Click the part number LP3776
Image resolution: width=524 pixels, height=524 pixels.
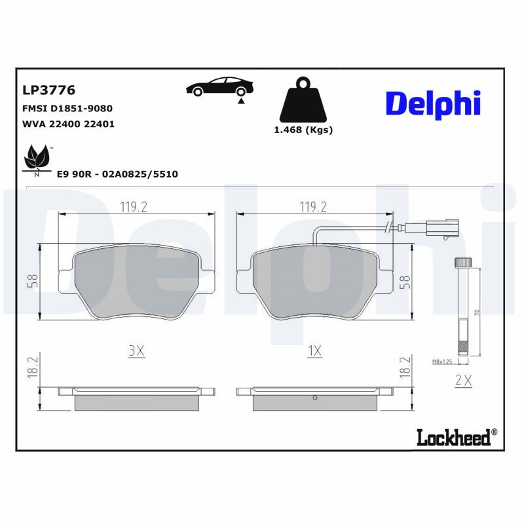(49, 90)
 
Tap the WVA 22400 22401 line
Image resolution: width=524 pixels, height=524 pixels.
(69, 123)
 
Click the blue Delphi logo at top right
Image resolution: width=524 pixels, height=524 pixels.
(433, 104)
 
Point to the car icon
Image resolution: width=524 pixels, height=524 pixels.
(220, 88)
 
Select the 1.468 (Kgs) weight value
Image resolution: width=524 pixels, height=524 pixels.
(303, 130)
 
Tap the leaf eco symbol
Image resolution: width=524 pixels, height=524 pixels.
(37, 159)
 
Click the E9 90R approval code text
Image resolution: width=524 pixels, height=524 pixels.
(117, 174)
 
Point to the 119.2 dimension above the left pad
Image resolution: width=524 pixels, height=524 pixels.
(133, 207)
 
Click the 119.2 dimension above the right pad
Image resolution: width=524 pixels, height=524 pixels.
(313, 207)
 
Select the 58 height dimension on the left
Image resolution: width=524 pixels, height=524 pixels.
(33, 281)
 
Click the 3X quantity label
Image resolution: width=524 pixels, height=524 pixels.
(136, 351)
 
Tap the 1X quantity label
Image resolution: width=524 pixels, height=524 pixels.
(314, 351)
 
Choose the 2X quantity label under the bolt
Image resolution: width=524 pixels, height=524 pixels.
(463, 380)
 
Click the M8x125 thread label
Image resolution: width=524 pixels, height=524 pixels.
(443, 362)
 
